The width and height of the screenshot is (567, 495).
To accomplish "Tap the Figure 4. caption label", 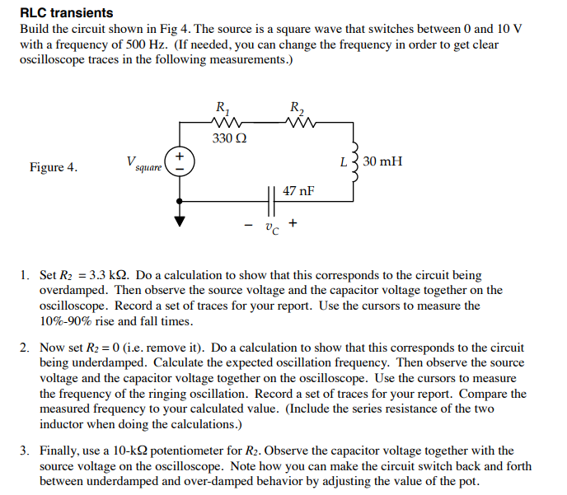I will point(54,168).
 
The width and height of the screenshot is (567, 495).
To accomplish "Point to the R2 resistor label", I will point(297,107).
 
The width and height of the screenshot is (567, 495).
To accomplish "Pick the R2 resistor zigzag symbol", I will point(298,123).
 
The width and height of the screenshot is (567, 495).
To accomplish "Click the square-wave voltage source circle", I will point(180,162).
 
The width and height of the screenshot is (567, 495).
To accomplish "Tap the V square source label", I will point(143,165).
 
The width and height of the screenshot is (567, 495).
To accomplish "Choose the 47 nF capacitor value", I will point(298,191).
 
